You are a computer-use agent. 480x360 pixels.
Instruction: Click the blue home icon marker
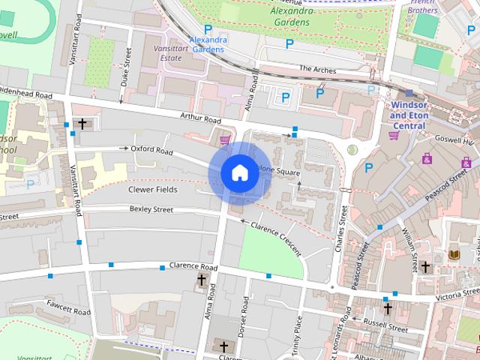pos(238,172)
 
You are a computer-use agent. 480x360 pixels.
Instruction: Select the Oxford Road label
pos(151,150)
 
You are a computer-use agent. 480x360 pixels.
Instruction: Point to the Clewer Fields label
pos(151,190)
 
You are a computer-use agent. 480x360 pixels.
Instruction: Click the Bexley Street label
pos(151,209)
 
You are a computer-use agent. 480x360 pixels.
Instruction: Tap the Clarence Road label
pos(193,267)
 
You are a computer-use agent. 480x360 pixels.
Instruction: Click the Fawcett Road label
pos(68,307)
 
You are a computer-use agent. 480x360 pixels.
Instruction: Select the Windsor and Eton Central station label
pos(409,115)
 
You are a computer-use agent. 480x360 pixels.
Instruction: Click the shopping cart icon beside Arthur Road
pos(223,139)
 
